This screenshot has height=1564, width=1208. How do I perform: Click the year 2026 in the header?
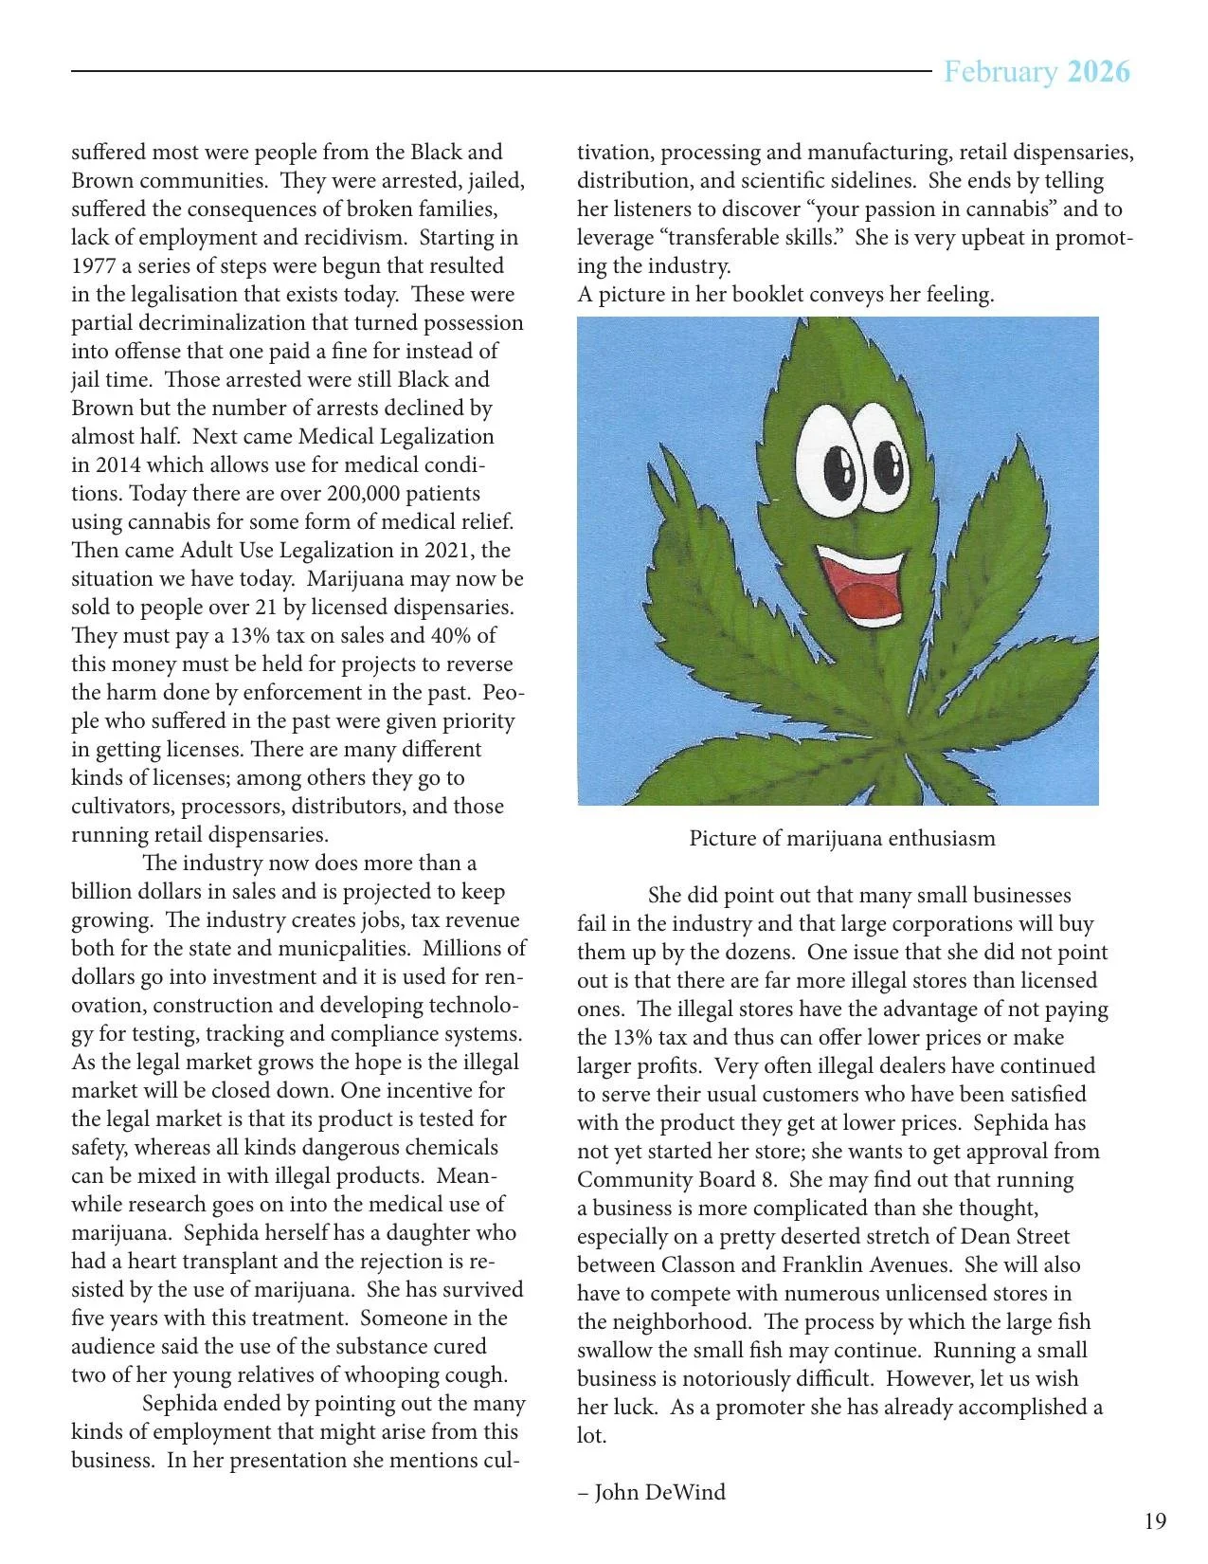coord(1098,72)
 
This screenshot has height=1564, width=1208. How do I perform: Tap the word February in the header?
coord(1001,72)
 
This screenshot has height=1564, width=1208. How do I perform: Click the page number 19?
coord(1155,1522)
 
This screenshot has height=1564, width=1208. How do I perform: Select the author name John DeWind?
coord(659,1492)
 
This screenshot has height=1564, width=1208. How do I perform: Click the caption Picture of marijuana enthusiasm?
coord(841,838)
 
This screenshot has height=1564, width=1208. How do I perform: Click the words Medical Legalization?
coord(396,437)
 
